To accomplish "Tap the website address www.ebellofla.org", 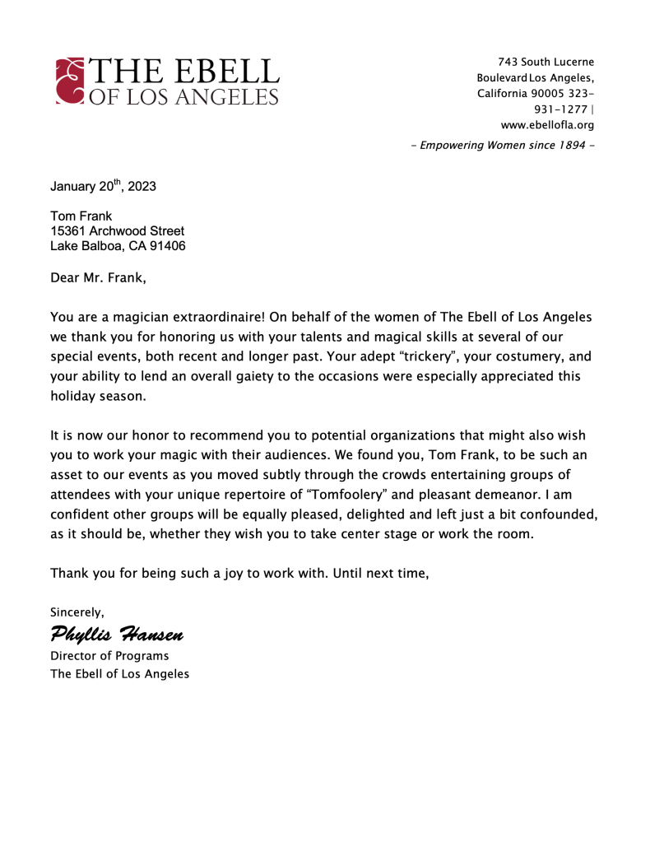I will click(x=547, y=125).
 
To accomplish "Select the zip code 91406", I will click(x=166, y=246).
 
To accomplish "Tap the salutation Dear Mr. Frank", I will click(x=98, y=277).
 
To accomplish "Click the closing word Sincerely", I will click(x=77, y=612).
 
